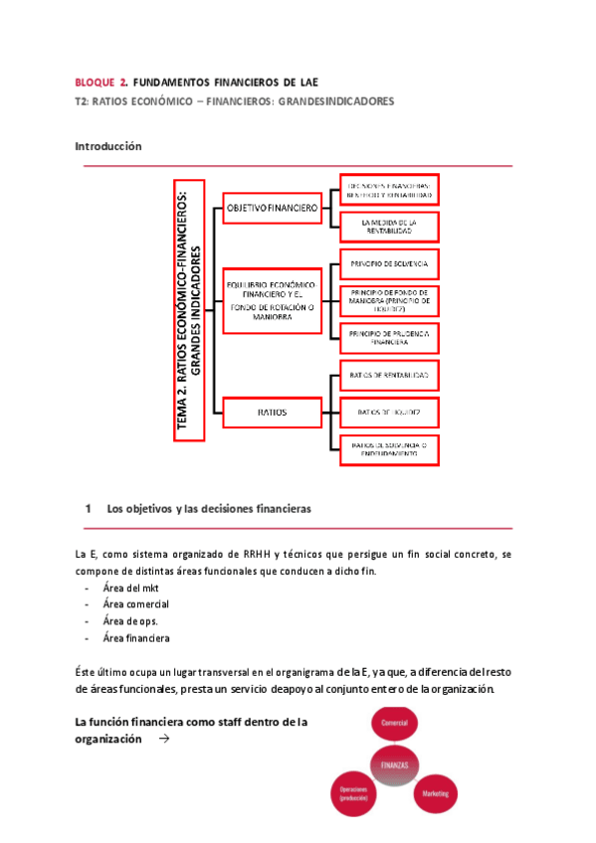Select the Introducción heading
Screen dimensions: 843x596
tap(108, 146)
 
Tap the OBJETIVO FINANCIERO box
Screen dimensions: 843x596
tap(272, 209)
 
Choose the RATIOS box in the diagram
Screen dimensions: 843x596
tap(272, 409)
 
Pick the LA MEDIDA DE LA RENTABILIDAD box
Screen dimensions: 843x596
tap(387, 227)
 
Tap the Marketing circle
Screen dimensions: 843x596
tap(434, 794)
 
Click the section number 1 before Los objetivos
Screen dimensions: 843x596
tap(89, 509)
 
